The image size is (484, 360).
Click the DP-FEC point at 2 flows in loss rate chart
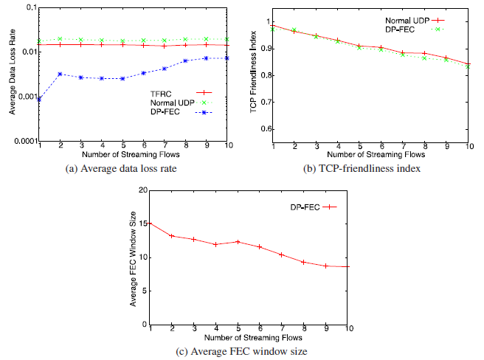tap(60, 74)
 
